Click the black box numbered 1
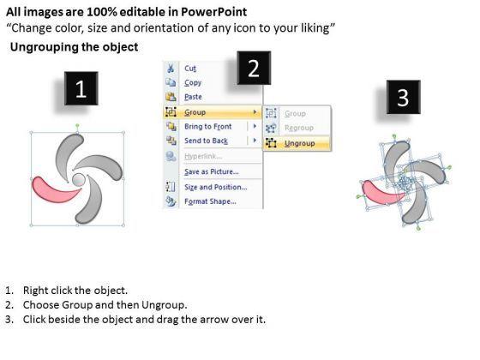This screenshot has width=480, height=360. click(x=81, y=88)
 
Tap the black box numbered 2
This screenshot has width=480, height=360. click(x=254, y=68)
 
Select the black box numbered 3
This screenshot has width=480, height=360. click(x=403, y=97)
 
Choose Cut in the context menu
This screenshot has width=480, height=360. click(x=190, y=69)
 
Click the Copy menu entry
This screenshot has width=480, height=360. click(x=193, y=82)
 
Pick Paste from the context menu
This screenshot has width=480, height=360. click(x=193, y=97)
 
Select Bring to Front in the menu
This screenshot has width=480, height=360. click(x=207, y=127)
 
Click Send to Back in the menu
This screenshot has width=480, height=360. click(x=206, y=141)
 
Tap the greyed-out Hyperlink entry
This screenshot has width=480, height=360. click(x=203, y=156)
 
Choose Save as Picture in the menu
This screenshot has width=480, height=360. click(x=211, y=171)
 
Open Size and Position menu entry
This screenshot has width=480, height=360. click(x=215, y=187)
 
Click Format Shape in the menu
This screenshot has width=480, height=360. click(x=210, y=201)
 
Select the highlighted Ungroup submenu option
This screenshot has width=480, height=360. click(x=299, y=143)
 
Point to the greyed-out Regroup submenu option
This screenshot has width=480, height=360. click(x=299, y=128)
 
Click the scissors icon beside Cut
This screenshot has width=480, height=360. click(x=171, y=69)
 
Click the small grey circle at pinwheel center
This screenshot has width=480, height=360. click(x=79, y=180)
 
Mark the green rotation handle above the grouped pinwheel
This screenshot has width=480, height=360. click(x=77, y=125)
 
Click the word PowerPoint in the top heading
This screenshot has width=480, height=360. click(x=213, y=12)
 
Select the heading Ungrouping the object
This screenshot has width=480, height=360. click(x=74, y=47)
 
